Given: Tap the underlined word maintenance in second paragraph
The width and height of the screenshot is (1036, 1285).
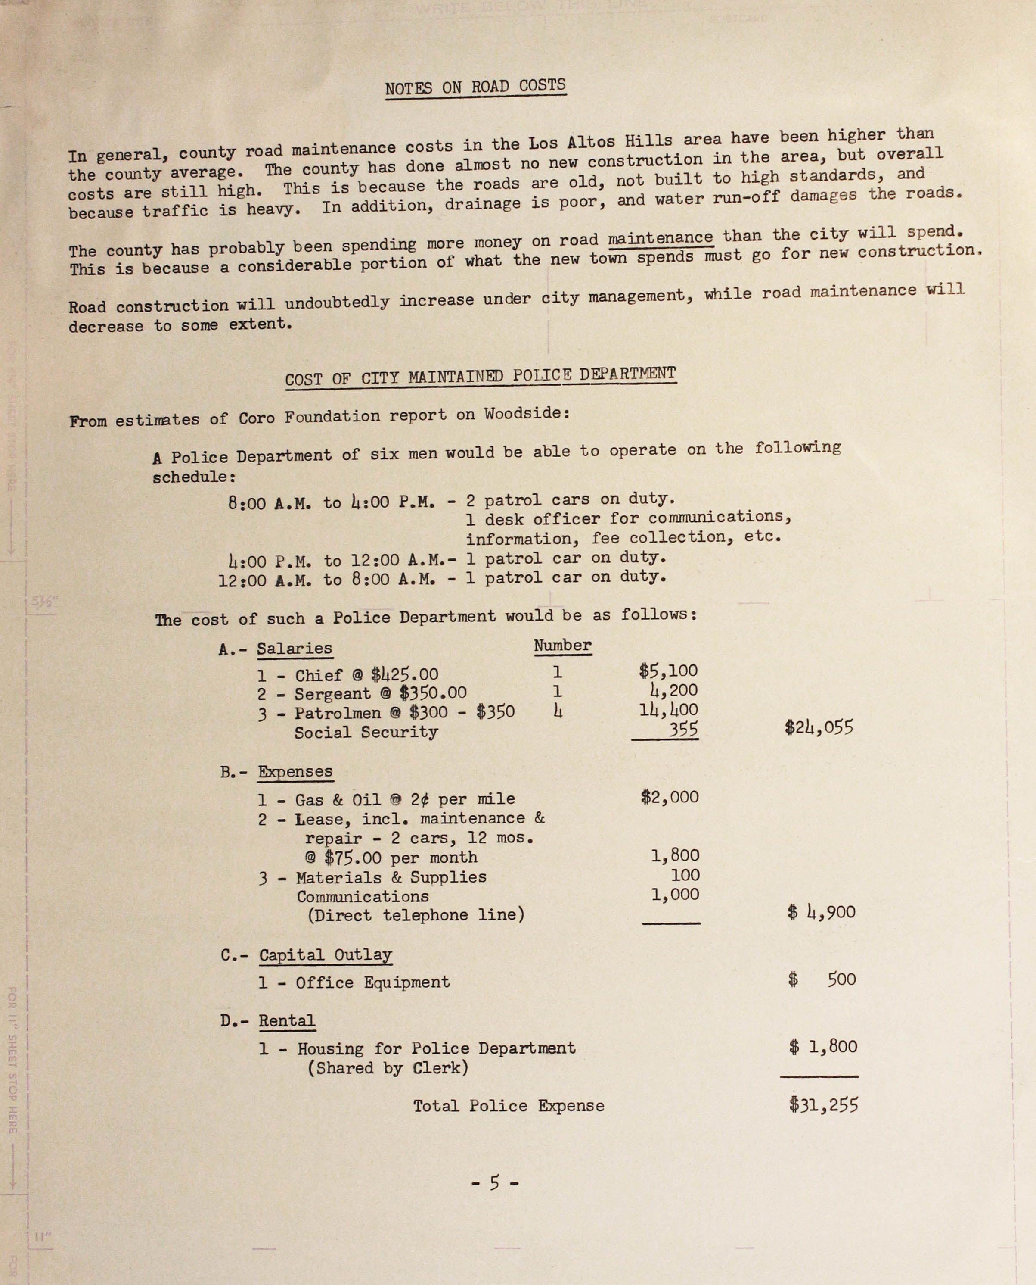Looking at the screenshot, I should [x=660, y=238].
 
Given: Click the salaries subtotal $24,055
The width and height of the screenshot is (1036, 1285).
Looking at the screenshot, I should [x=819, y=727].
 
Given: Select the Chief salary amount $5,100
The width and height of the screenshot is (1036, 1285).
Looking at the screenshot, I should [x=668, y=671].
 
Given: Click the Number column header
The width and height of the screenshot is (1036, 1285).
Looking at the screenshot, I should [x=562, y=646].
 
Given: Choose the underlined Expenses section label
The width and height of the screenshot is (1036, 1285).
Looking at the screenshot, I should [x=295, y=771].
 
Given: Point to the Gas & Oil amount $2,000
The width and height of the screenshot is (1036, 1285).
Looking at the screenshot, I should [x=670, y=797].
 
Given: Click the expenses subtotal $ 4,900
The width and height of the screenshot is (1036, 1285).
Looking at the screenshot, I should [x=821, y=912].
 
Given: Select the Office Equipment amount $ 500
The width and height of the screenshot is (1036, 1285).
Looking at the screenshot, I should [x=822, y=979].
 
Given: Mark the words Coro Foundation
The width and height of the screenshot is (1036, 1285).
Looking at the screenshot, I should [x=309, y=417].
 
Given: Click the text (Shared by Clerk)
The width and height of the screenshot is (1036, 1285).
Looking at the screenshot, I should [x=388, y=1068].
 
